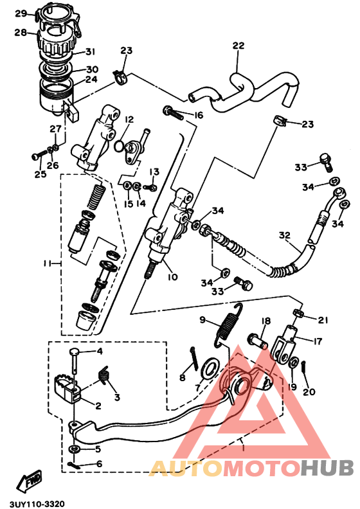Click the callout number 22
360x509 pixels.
pos(239,46)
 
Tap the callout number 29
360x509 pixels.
pos(20,13)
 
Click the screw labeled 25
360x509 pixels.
pos(36,156)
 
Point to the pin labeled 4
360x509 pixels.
pos(76,359)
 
